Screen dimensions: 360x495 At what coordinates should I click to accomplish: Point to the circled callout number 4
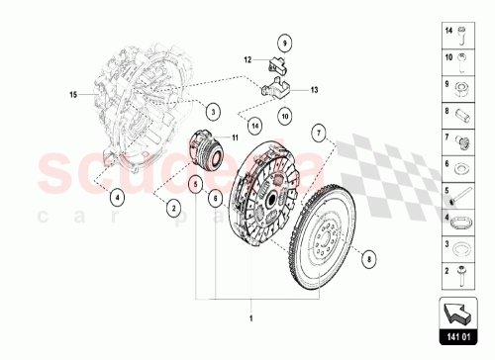(117, 197)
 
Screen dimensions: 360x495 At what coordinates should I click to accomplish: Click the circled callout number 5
(214, 197)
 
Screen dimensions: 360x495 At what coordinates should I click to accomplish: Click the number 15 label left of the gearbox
(71, 95)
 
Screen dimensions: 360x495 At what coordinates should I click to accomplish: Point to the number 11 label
(235, 137)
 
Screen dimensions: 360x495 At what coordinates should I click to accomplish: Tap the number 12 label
(249, 61)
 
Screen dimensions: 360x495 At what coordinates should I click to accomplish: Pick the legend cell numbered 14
(460, 37)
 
